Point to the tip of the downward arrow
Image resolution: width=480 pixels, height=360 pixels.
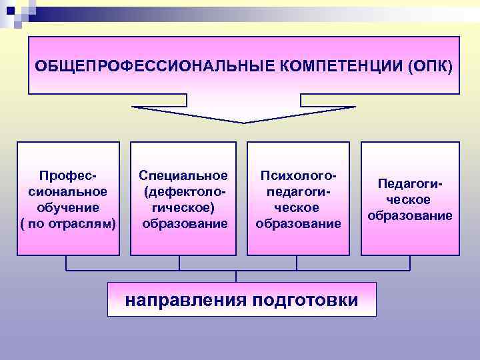pyautogui.click(x=243, y=121)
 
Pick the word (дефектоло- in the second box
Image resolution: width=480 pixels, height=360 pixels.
pyautogui.click(x=183, y=191)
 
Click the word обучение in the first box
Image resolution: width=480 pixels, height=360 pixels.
pyautogui.click(x=68, y=207)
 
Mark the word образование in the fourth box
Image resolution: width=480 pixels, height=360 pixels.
pyautogui.click(x=410, y=216)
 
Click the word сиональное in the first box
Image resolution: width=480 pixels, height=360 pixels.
pyautogui.click(x=68, y=191)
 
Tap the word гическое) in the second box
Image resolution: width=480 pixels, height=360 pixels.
pyautogui.click(x=183, y=207)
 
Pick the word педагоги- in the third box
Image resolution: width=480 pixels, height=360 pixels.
pyautogui.click(x=298, y=191)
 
